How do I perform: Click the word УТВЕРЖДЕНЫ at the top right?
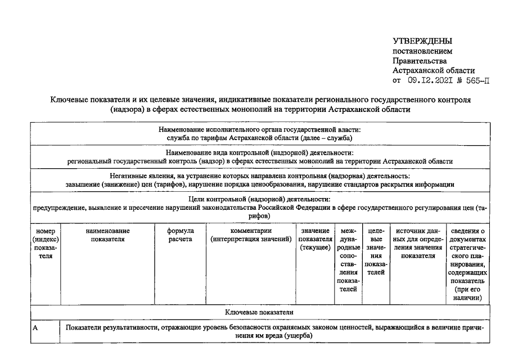pyautogui.click(x=422, y=41)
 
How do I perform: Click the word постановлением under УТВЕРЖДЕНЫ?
pyautogui.click(x=422, y=51)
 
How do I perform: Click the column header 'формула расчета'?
pyautogui.click(x=181, y=235)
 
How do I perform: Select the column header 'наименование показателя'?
pyautogui.click(x=107, y=235)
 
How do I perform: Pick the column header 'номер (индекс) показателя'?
pyautogui.click(x=44, y=243)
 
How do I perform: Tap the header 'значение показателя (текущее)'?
pyautogui.click(x=315, y=239)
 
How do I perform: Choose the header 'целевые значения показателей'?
pyautogui.click(x=375, y=251)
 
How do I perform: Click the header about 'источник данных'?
pyautogui.click(x=417, y=243)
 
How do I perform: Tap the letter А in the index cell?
pyautogui.click(x=35, y=328)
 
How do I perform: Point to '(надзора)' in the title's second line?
pyautogui.click(x=128, y=109)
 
